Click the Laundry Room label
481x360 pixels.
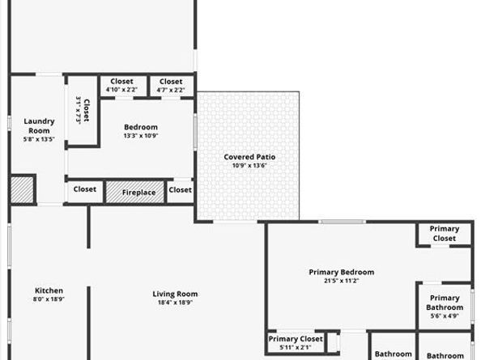(x=39, y=125)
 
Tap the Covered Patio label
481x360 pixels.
(x=249, y=156)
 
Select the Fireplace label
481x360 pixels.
(x=138, y=193)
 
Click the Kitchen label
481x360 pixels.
(x=49, y=291)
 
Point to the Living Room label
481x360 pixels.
(x=175, y=294)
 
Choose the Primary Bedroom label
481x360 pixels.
(x=341, y=272)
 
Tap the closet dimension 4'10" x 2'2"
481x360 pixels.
(x=121, y=90)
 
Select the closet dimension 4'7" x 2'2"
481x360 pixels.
(x=171, y=90)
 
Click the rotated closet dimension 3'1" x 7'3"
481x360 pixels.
(x=79, y=109)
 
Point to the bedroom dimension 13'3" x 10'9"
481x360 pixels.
(x=140, y=136)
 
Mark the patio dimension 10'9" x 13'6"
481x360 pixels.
(x=249, y=165)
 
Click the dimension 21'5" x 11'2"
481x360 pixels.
(x=341, y=281)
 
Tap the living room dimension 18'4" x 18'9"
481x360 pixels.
(x=175, y=303)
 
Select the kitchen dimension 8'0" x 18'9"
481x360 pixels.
(x=49, y=300)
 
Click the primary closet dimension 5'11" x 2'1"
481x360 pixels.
(x=295, y=347)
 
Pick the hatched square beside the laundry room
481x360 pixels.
(x=21, y=190)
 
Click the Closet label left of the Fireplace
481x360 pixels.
(x=85, y=190)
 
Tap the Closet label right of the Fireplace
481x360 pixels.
(x=181, y=190)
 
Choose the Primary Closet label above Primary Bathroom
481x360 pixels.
(x=445, y=234)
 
